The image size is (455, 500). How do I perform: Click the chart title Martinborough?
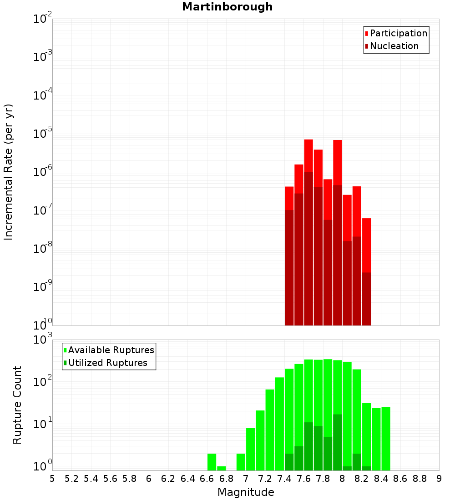pos(227,7)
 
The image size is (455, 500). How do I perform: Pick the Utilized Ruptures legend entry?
pos(107,363)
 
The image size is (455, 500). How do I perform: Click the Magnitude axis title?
pos(246,492)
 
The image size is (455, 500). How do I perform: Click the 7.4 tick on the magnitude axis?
pos(284,479)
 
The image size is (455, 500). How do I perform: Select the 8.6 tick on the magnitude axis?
pos(400,479)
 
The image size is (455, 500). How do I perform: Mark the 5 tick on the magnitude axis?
pos(52,479)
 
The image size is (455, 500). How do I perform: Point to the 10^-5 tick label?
pos(43,134)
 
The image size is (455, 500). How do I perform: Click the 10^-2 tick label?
pos(43,19)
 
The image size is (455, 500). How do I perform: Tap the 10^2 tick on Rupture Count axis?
pos(43,382)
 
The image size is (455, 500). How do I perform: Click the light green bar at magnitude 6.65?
pos(212,462)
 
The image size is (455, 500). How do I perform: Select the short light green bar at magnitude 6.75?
pos(222,468)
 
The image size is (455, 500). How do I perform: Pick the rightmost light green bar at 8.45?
pos(386,439)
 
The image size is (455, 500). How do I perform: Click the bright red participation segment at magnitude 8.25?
pos(367,245)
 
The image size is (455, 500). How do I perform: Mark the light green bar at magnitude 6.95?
pos(241,462)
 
